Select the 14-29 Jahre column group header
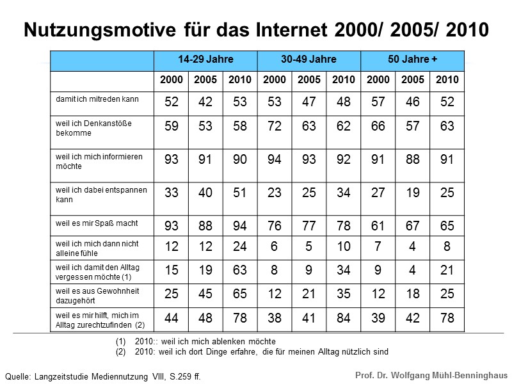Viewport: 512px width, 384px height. click(x=205, y=60)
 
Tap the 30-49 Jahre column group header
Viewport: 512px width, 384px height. click(x=308, y=60)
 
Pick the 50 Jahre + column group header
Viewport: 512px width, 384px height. click(x=412, y=60)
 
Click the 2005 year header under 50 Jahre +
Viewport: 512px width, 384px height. click(x=412, y=80)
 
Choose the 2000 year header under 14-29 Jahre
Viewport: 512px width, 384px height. click(x=171, y=80)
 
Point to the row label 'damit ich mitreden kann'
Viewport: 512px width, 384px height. click(x=97, y=100)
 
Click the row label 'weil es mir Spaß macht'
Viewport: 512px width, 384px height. click(x=97, y=223)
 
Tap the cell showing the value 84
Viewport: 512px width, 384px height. click(x=344, y=318)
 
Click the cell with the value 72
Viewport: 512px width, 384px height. click(x=275, y=127)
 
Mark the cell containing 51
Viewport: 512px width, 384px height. click(x=240, y=193)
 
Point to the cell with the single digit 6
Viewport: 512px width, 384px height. click(x=275, y=246)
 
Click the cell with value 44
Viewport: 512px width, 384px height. click(x=171, y=318)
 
